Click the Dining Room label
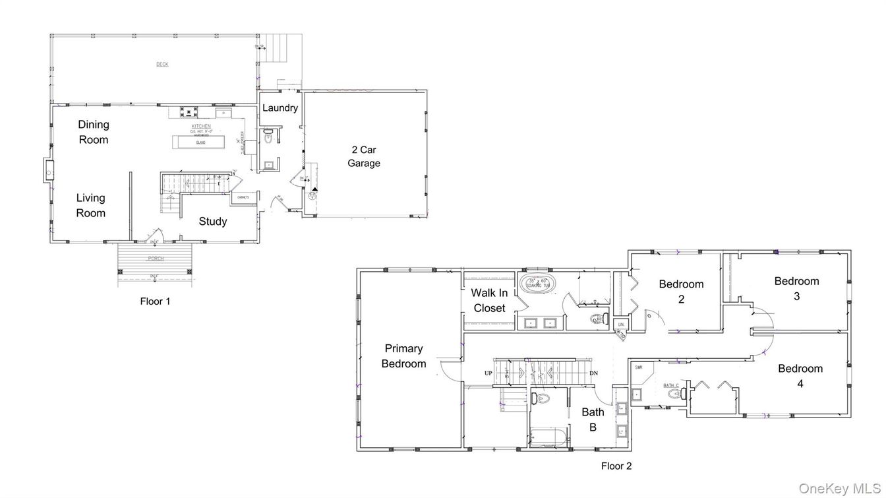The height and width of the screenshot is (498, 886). (94, 132)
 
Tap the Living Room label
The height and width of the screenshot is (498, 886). (90, 205)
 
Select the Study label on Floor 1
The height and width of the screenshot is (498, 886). (213, 222)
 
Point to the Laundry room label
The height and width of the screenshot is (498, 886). (280, 108)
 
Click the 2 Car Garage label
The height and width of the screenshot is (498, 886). (364, 156)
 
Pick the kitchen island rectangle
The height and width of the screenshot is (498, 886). (198, 142)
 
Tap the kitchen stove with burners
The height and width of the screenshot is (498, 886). (187, 111)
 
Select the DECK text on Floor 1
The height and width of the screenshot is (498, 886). (162, 64)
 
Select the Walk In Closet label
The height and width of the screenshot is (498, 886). (489, 300)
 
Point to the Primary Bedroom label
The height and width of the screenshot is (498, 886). (403, 356)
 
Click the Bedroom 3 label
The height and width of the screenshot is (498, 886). (796, 288)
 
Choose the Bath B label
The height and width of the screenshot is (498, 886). (593, 420)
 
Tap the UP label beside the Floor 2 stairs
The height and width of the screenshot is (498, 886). (488, 373)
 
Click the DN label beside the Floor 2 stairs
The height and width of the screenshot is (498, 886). (593, 373)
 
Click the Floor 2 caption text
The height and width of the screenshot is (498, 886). (616, 466)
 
